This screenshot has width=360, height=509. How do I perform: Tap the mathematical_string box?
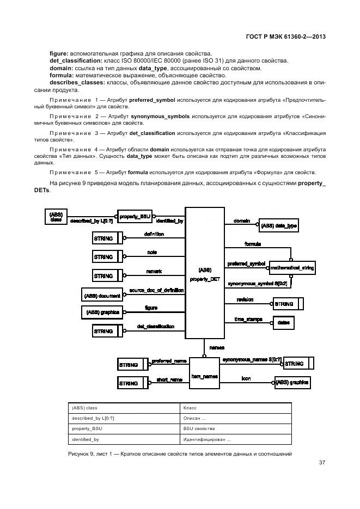coord(292,268)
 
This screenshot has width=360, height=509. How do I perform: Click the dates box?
coord(283,323)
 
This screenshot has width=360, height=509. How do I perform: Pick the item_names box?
coord(204,376)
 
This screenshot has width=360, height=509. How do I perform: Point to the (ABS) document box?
coord(102,296)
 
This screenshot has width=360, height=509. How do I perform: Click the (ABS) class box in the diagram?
coord(56,217)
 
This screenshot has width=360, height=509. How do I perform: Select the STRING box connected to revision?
coord(288,303)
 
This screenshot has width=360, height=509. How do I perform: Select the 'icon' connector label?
coord(246,378)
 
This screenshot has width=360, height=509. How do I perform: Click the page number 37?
coord(321,463)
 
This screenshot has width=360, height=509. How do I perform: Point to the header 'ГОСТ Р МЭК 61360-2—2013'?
coord(285,37)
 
